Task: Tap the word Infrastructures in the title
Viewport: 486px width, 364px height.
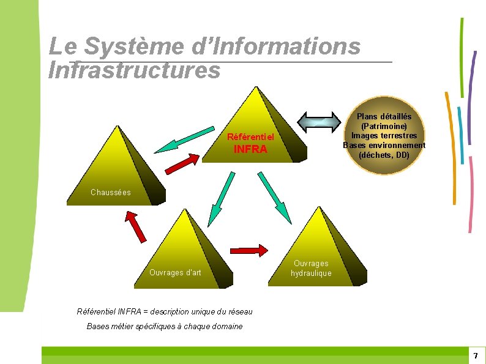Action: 134,70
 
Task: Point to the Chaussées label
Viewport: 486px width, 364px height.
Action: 111,192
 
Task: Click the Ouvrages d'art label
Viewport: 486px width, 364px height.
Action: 175,272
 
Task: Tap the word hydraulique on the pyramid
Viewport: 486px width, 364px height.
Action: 311,273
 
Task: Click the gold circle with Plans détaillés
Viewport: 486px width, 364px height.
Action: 384,135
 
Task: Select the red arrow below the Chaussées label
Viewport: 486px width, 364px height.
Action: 136,225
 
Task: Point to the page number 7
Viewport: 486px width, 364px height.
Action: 475,355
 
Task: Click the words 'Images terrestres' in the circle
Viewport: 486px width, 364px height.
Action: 384,135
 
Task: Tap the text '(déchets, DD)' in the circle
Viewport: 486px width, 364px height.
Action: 384,155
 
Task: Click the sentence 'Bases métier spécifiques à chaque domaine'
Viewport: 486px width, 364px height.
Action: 165,326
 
